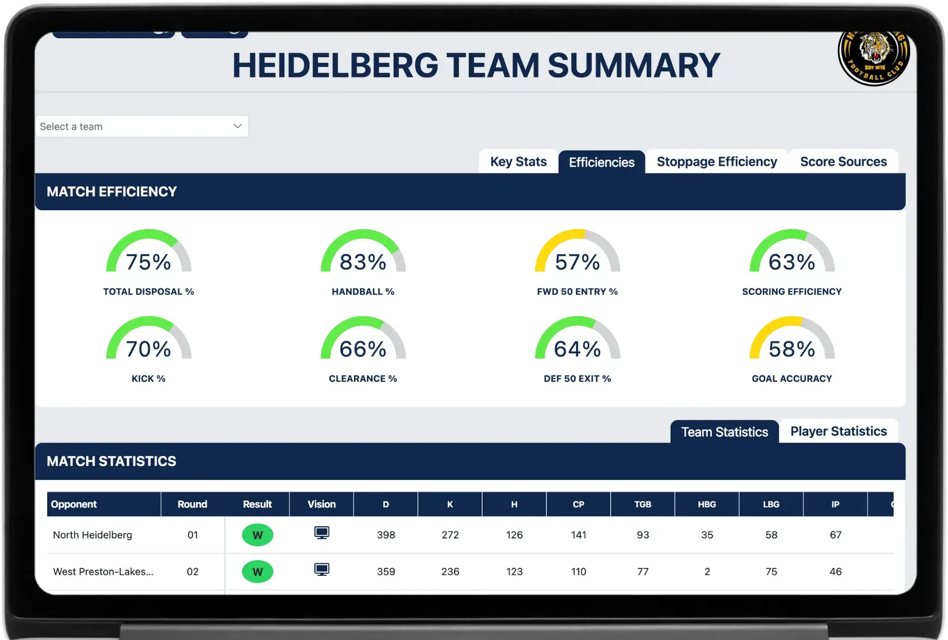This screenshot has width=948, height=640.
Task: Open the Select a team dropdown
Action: point(142,126)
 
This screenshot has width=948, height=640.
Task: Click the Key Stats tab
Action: point(518,162)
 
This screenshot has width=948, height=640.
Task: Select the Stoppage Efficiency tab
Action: point(717,162)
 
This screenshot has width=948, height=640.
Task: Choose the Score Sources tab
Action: point(843,162)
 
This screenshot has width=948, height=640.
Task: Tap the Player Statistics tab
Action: point(838,431)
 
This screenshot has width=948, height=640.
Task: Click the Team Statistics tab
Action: point(724,432)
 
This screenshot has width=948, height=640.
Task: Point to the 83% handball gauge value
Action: point(363,262)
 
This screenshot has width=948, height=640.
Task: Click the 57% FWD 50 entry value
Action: point(577,262)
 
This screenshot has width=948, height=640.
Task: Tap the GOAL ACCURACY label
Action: point(791,379)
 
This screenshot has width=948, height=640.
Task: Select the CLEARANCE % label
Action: point(363,379)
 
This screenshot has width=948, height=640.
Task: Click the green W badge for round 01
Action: point(257,535)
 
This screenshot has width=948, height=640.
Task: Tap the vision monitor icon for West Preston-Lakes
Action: point(321,570)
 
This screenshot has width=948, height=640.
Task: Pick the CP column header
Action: point(578,504)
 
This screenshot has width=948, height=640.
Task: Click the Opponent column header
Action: point(74,504)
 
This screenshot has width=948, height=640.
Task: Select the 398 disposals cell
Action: point(386,535)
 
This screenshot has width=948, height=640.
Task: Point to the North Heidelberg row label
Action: point(92,535)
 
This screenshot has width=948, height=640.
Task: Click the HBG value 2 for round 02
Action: point(706,572)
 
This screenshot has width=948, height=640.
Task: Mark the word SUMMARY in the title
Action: point(634,66)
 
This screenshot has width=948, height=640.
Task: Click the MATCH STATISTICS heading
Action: point(111,461)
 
